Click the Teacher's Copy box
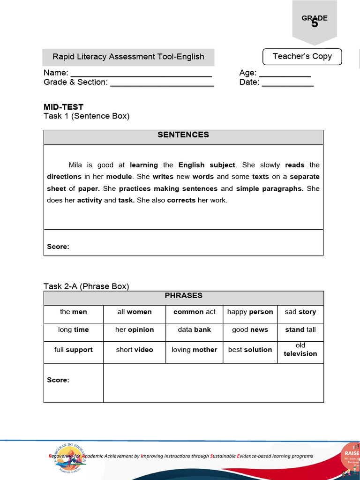point(302,57)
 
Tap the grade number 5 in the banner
point(315,23)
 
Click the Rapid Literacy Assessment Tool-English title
point(128,57)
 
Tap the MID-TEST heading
point(63,107)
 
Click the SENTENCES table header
point(183,135)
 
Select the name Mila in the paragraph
point(75,165)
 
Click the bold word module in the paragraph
point(119,177)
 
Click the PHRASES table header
point(183,296)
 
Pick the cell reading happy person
point(250,312)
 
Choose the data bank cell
point(194,330)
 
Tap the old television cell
point(300,350)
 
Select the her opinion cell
point(135,330)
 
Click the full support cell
point(73,350)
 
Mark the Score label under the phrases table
point(58,380)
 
